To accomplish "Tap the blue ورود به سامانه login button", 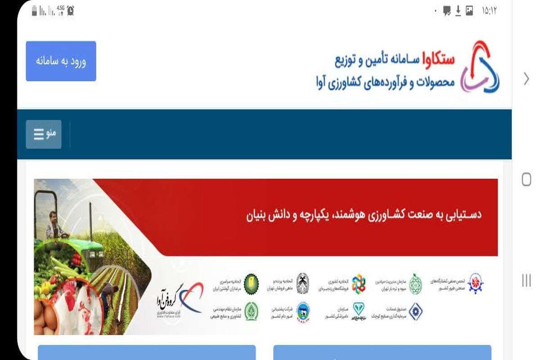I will [61, 61].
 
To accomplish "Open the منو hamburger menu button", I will [44, 134].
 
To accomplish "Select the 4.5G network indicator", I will [61, 9].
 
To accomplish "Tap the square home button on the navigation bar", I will [526, 180].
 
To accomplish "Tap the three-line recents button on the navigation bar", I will [526, 280].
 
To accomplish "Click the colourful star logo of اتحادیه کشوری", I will [359, 283].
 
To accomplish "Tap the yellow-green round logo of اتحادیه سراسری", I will [251, 282].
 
